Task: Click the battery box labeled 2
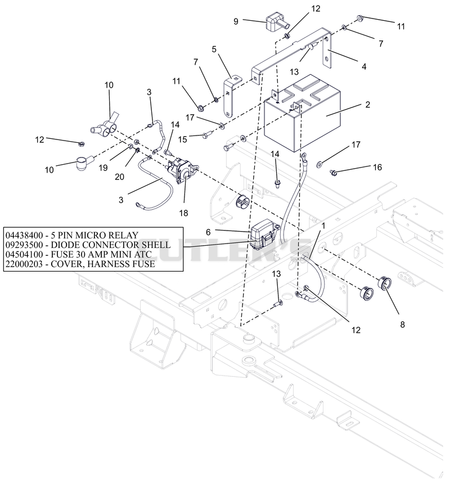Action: (x=302, y=114)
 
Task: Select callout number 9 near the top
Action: (x=236, y=21)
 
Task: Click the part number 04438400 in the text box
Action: (x=24, y=236)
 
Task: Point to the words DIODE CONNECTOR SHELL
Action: (x=111, y=245)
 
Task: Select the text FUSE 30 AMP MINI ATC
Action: (x=101, y=254)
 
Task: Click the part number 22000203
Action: (x=24, y=264)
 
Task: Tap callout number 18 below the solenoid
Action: (x=183, y=213)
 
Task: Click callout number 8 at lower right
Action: (x=402, y=324)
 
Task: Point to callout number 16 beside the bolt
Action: (x=377, y=167)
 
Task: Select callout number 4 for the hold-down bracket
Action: (x=364, y=66)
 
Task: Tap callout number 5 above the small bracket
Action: (x=214, y=49)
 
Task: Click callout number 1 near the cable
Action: (x=323, y=225)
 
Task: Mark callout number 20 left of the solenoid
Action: (x=119, y=177)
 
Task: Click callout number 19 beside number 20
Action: (x=103, y=168)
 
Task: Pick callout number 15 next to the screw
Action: (x=182, y=139)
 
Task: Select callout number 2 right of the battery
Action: (x=367, y=105)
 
